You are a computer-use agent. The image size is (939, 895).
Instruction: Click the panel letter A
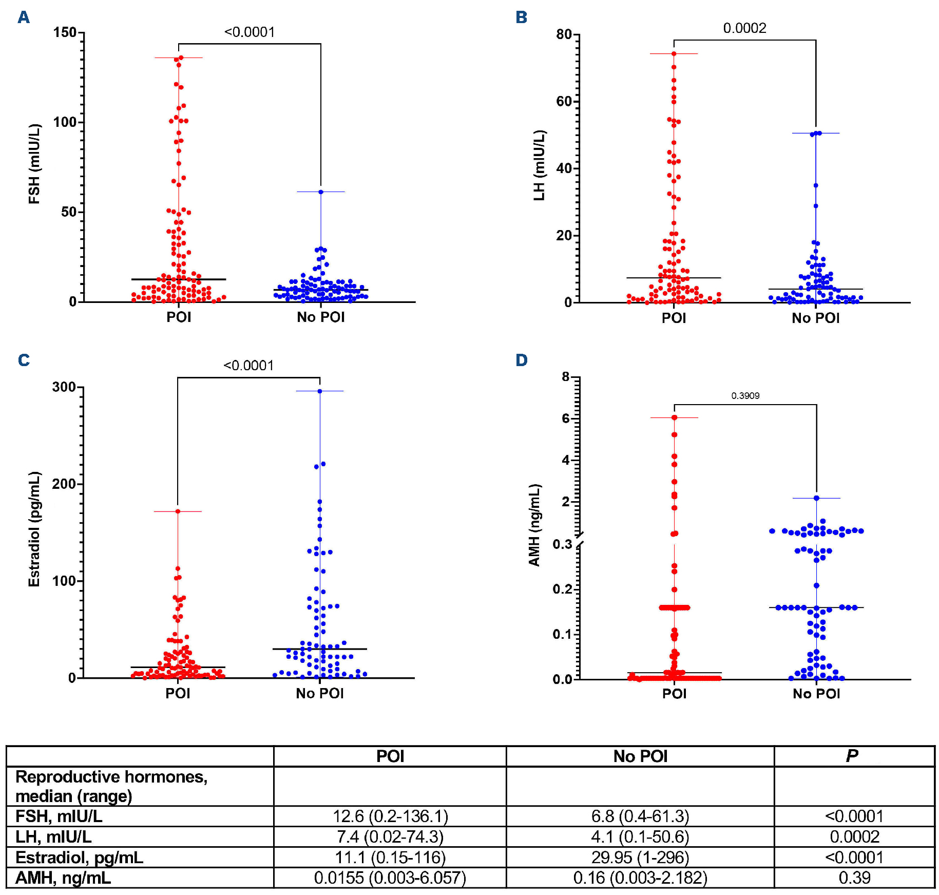(24, 17)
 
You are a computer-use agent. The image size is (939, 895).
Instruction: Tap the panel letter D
(521, 360)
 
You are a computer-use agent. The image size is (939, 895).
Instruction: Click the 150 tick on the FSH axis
(65, 32)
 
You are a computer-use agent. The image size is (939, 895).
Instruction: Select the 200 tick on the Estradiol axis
(64, 484)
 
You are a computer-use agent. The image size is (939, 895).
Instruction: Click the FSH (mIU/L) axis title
(34, 164)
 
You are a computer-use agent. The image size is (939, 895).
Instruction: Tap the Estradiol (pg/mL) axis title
(34, 529)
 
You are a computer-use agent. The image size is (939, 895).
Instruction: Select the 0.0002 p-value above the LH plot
(744, 28)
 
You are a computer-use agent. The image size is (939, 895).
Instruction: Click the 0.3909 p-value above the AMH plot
(745, 395)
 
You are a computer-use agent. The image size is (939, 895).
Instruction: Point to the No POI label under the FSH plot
(320, 317)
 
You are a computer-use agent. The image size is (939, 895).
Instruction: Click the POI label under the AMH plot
(674, 694)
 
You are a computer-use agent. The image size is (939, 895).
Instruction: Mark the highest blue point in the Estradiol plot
(320, 391)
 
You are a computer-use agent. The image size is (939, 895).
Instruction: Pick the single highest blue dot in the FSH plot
(321, 192)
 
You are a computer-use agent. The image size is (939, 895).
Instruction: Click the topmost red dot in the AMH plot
(674, 417)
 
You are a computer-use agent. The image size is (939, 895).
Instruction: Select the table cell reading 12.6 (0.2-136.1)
(390, 816)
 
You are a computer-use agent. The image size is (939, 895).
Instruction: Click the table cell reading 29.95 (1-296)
(640, 857)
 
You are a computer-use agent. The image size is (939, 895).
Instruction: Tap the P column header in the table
(852, 756)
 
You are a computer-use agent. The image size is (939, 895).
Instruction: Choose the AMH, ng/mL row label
(63, 878)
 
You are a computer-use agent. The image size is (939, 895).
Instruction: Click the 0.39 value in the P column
(854, 878)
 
